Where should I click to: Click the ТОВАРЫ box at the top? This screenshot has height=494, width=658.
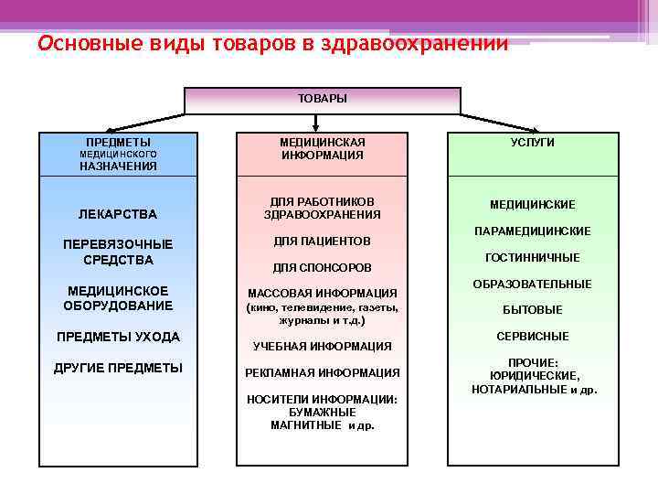[x=322, y=99]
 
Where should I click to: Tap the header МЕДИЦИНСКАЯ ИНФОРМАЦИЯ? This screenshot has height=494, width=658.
[x=322, y=149]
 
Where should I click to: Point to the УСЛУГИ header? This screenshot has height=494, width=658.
[x=532, y=143]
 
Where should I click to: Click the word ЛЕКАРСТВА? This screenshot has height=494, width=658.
[x=118, y=214]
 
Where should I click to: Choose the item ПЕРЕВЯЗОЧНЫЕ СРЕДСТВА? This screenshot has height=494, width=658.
[x=118, y=252]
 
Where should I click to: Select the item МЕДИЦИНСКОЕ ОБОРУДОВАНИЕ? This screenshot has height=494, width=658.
[x=118, y=298]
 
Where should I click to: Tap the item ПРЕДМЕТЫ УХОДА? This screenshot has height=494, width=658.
[x=118, y=337]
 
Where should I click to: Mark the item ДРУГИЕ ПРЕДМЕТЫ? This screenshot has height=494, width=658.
[x=119, y=368]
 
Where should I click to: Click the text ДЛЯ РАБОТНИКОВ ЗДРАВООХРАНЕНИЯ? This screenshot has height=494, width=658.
[x=322, y=208]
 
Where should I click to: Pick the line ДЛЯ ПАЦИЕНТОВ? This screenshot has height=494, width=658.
[x=322, y=242]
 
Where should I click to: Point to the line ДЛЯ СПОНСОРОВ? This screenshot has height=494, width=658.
[x=322, y=268]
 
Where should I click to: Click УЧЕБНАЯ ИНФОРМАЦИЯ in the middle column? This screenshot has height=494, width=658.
[x=322, y=346]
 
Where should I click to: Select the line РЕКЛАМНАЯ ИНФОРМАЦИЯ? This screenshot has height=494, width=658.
[x=322, y=372]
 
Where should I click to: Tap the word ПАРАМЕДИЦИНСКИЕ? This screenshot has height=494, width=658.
[x=532, y=231]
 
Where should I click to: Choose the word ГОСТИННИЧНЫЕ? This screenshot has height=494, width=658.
[x=532, y=258]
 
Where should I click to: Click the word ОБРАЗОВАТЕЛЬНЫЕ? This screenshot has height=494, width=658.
[x=532, y=285]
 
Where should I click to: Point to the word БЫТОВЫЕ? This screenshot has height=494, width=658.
[x=532, y=310]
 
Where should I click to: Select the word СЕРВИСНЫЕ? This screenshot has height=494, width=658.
[x=532, y=336]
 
